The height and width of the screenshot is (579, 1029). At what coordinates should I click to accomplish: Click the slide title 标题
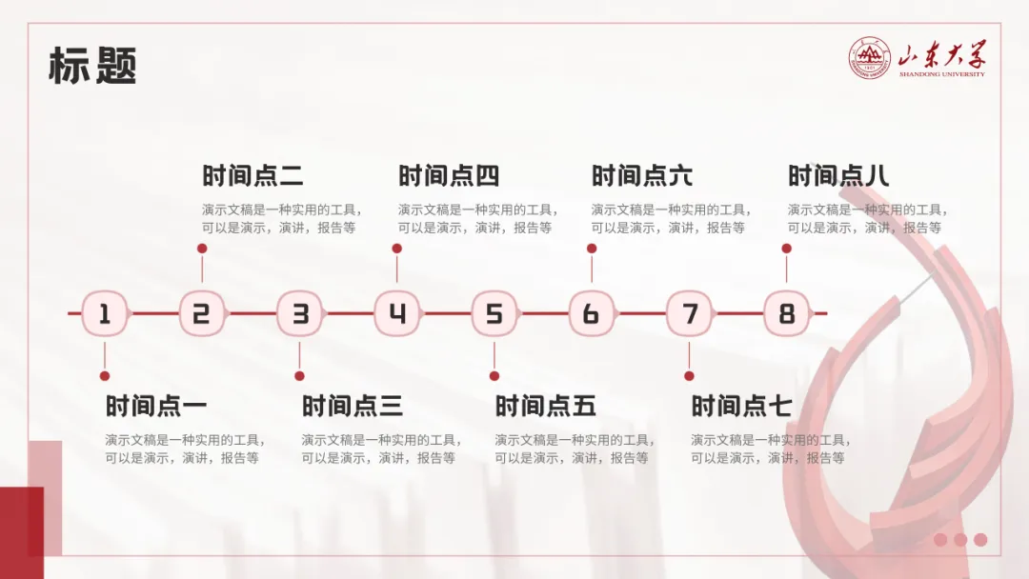click(x=92, y=66)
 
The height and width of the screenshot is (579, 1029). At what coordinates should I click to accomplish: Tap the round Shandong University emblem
click(x=870, y=59)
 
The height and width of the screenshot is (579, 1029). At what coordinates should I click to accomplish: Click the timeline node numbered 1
click(x=105, y=313)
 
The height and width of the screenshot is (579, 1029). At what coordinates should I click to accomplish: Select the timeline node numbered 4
click(x=396, y=313)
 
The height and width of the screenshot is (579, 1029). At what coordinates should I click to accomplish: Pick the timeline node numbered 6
click(x=591, y=313)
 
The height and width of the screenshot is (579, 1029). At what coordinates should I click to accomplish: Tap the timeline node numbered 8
click(x=786, y=313)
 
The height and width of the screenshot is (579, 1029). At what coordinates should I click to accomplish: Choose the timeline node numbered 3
click(x=299, y=313)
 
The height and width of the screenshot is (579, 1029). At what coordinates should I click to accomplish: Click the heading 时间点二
click(x=252, y=176)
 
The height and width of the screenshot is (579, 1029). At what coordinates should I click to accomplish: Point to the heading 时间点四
click(x=448, y=176)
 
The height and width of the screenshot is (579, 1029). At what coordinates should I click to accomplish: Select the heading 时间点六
click(x=642, y=176)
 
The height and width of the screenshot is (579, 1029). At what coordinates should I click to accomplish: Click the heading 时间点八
click(x=838, y=176)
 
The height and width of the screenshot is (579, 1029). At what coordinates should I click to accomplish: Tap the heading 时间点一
click(x=155, y=407)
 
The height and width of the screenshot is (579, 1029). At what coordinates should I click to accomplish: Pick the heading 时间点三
click(x=352, y=407)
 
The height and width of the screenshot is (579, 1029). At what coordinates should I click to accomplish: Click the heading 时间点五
click(x=545, y=407)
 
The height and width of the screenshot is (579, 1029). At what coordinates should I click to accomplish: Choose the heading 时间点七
click(x=741, y=407)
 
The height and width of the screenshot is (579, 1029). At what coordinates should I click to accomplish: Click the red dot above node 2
click(x=201, y=249)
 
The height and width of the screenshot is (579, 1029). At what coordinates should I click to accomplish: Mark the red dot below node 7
click(x=689, y=376)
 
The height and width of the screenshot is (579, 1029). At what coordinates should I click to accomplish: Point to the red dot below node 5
click(x=494, y=376)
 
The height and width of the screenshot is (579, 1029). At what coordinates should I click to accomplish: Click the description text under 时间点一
click(x=185, y=449)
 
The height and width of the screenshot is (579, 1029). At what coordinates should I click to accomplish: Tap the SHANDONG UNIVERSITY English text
click(x=941, y=73)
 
